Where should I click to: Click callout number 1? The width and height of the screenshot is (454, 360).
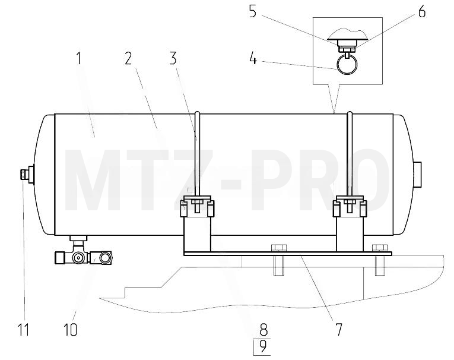coord(78,58)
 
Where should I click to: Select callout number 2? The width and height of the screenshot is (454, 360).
coord(128,58)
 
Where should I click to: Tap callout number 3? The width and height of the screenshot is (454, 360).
coord(173,58)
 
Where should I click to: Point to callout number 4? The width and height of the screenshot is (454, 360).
coord(253,58)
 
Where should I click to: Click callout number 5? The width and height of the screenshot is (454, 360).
coord(253,12)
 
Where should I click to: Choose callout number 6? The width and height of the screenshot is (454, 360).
coord(422,12)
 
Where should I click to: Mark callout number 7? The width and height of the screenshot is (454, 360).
coord(339,330)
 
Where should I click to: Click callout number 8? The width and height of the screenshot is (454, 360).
coord(263,330)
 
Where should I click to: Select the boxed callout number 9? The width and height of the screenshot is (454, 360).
coord(262,347)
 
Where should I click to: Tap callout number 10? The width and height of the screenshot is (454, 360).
coord(70,330)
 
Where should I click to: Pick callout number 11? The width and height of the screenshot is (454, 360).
coord(24,330)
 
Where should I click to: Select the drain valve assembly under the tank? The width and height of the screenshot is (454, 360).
coord(84,252)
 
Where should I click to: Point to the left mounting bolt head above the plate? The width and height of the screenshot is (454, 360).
coord(279,248)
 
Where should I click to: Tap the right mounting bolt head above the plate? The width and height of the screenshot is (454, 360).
coord(380,248)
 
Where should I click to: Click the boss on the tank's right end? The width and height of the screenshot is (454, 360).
coord(417,175)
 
